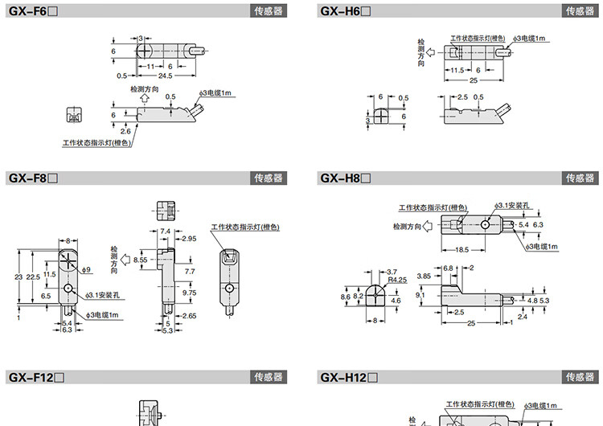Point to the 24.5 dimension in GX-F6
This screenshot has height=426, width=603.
coord(166,76)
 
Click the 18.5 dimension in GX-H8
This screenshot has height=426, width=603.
coord(461,250)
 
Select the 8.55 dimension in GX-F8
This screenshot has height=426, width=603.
coord(140,260)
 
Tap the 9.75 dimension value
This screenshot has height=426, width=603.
coord(190,293)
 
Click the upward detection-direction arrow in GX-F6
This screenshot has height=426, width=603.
coord(144,99)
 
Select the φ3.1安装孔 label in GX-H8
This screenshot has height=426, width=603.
coord(512,206)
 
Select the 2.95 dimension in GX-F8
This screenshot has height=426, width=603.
coord(189,239)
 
